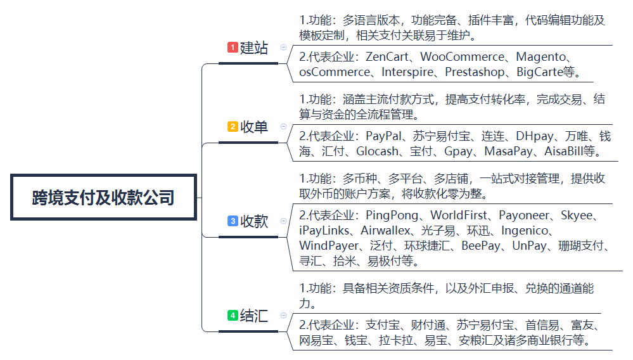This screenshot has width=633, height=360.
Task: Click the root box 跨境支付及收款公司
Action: point(103,197)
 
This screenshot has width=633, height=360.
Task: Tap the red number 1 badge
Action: point(233,48)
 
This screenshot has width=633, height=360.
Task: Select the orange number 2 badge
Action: point(233,126)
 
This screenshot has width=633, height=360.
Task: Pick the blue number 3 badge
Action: point(233,221)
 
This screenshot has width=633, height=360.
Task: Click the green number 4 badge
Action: point(233,315)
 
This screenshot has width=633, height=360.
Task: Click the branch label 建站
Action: point(254,48)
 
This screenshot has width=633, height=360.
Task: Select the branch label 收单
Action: point(254,127)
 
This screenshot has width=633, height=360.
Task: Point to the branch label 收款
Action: point(254,221)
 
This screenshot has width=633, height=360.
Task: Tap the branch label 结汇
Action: point(254,316)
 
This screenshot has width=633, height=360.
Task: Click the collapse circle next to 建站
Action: point(283,48)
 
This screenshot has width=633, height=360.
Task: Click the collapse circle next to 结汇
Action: point(283,315)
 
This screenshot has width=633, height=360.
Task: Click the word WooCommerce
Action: point(462,57)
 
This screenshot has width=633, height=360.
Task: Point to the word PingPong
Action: point(392,215)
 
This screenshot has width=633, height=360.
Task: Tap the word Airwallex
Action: point(385,231)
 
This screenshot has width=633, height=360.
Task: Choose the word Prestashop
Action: point(475,72)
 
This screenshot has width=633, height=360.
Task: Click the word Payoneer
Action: point(524,215)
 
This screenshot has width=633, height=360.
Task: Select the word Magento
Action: point(541,57)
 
